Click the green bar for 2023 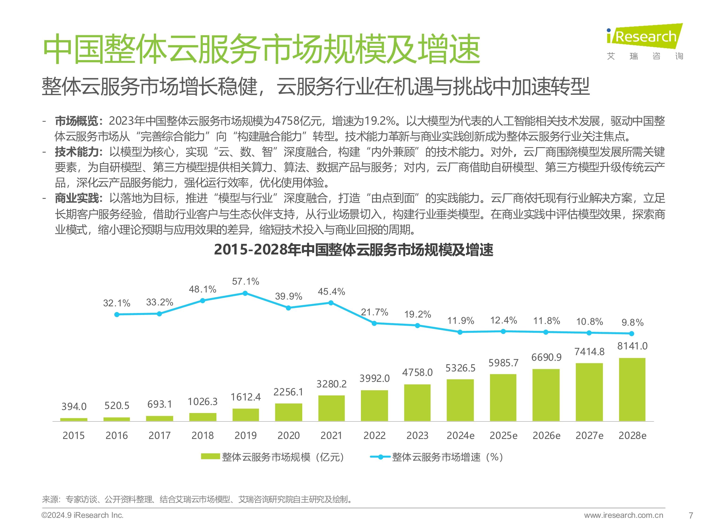tap(417, 403)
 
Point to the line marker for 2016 tap(117, 314)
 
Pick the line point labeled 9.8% tap(632, 333)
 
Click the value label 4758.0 tap(417, 372)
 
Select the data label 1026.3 tap(203, 402)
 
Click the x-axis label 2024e tap(460, 435)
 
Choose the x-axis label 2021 tap(331, 435)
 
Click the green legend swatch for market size tap(210, 457)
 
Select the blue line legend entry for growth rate tap(380, 457)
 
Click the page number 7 tap(691, 515)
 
